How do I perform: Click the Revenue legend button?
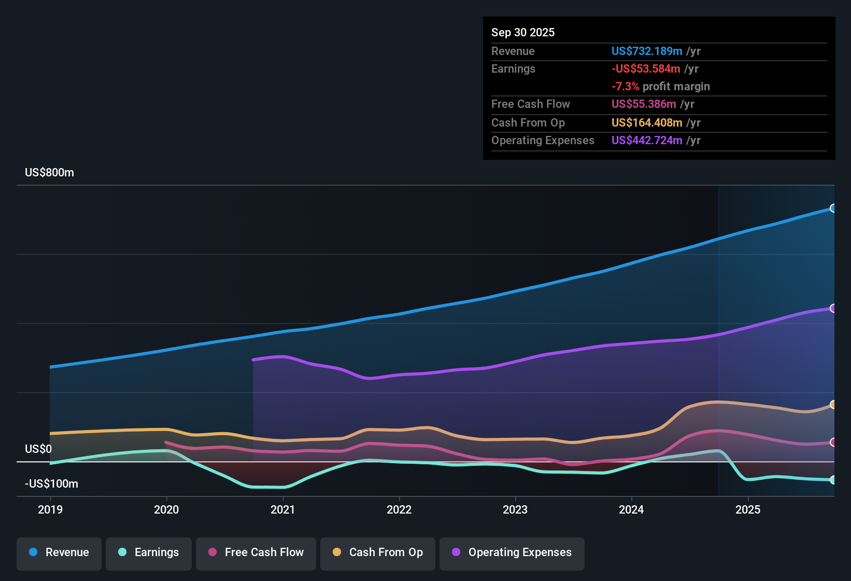[x=59, y=552]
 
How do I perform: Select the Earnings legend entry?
[x=149, y=552]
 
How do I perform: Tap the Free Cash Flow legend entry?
[x=256, y=552]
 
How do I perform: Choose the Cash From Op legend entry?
[x=378, y=552]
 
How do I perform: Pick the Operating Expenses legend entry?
[x=512, y=552]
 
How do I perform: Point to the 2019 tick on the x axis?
[x=50, y=509]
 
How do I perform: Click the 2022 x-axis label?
[x=399, y=509]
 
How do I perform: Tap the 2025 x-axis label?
[x=748, y=509]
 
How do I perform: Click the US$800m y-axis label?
[x=49, y=173]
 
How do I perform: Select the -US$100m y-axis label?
[x=51, y=484]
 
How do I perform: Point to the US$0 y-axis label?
[x=38, y=449]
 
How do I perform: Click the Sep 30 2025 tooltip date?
[x=523, y=33]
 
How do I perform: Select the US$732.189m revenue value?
[x=646, y=51]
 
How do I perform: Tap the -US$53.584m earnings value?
[x=646, y=69]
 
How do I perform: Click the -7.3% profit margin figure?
[x=625, y=87]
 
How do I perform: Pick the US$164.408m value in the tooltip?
[x=646, y=123]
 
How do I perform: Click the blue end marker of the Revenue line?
[x=833, y=208]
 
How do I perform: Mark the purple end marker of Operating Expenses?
[x=833, y=308]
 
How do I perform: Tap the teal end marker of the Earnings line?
[x=833, y=480]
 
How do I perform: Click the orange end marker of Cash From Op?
[x=833, y=404]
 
